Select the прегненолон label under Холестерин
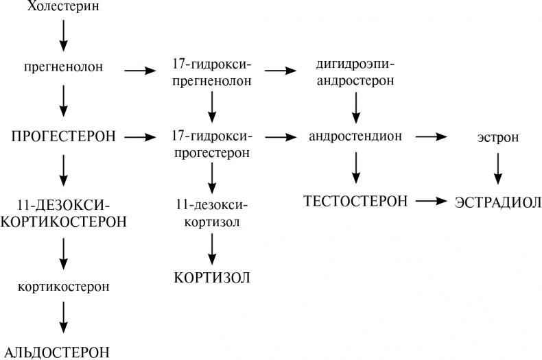[63, 68]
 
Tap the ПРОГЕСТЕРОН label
[63, 137]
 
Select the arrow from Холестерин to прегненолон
[63, 36]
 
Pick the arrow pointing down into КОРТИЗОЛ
[212, 249]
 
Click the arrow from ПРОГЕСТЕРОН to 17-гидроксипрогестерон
[140, 137]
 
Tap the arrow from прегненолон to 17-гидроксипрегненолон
[140, 69]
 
